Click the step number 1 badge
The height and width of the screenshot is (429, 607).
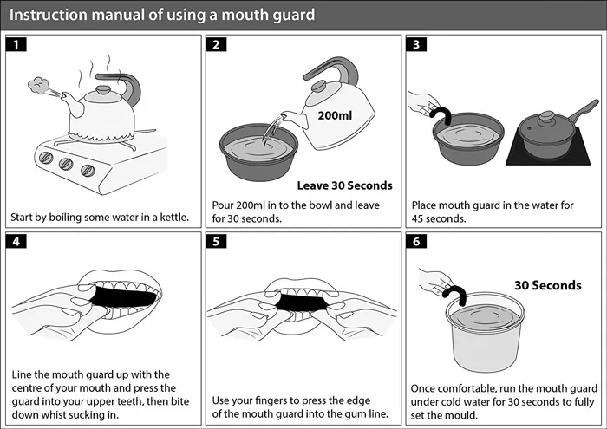(x=16, y=44)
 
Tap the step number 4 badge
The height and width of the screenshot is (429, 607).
(x=16, y=242)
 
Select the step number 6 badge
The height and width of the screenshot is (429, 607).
(x=416, y=242)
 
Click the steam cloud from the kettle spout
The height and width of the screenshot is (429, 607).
(x=38, y=86)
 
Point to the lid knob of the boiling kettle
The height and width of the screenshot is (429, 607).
(x=103, y=90)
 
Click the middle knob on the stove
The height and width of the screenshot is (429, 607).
(x=66, y=164)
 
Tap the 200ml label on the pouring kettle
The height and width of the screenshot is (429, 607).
(x=335, y=115)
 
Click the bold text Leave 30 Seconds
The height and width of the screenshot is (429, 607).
(x=344, y=185)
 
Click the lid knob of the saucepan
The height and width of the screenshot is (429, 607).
(x=547, y=115)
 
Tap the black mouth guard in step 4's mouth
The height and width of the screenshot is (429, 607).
(x=124, y=296)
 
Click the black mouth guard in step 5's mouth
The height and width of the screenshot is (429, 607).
(x=303, y=302)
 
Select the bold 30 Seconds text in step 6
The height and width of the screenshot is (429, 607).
(x=548, y=285)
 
